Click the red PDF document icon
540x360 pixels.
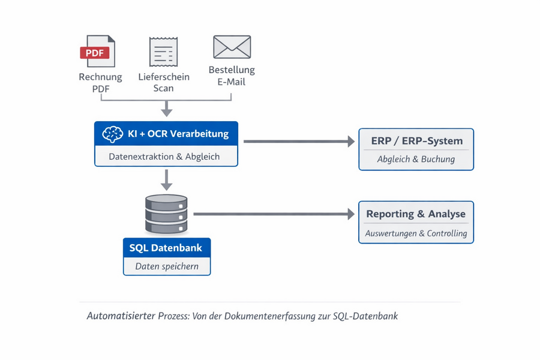click(x=98, y=52)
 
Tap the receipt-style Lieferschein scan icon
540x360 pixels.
click(x=163, y=52)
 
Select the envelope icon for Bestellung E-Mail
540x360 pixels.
click(x=232, y=47)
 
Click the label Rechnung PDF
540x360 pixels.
click(x=100, y=83)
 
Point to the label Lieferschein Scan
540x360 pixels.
click(x=164, y=83)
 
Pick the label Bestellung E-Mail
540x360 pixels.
click(x=232, y=76)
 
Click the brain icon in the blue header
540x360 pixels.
click(x=113, y=134)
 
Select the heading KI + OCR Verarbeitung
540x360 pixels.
click(x=178, y=134)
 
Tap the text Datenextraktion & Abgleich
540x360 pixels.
click(x=164, y=157)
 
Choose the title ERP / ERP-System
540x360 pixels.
click(x=416, y=141)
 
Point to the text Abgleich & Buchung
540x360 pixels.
click(x=416, y=159)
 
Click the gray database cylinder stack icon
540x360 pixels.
click(x=166, y=214)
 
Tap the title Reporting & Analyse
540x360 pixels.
click(x=416, y=214)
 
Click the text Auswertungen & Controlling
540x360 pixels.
click(x=416, y=233)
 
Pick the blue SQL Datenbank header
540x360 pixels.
click(x=166, y=247)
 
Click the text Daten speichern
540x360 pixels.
click(x=166, y=266)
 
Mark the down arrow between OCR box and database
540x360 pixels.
click(x=167, y=179)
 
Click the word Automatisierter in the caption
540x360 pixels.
click(x=121, y=316)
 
